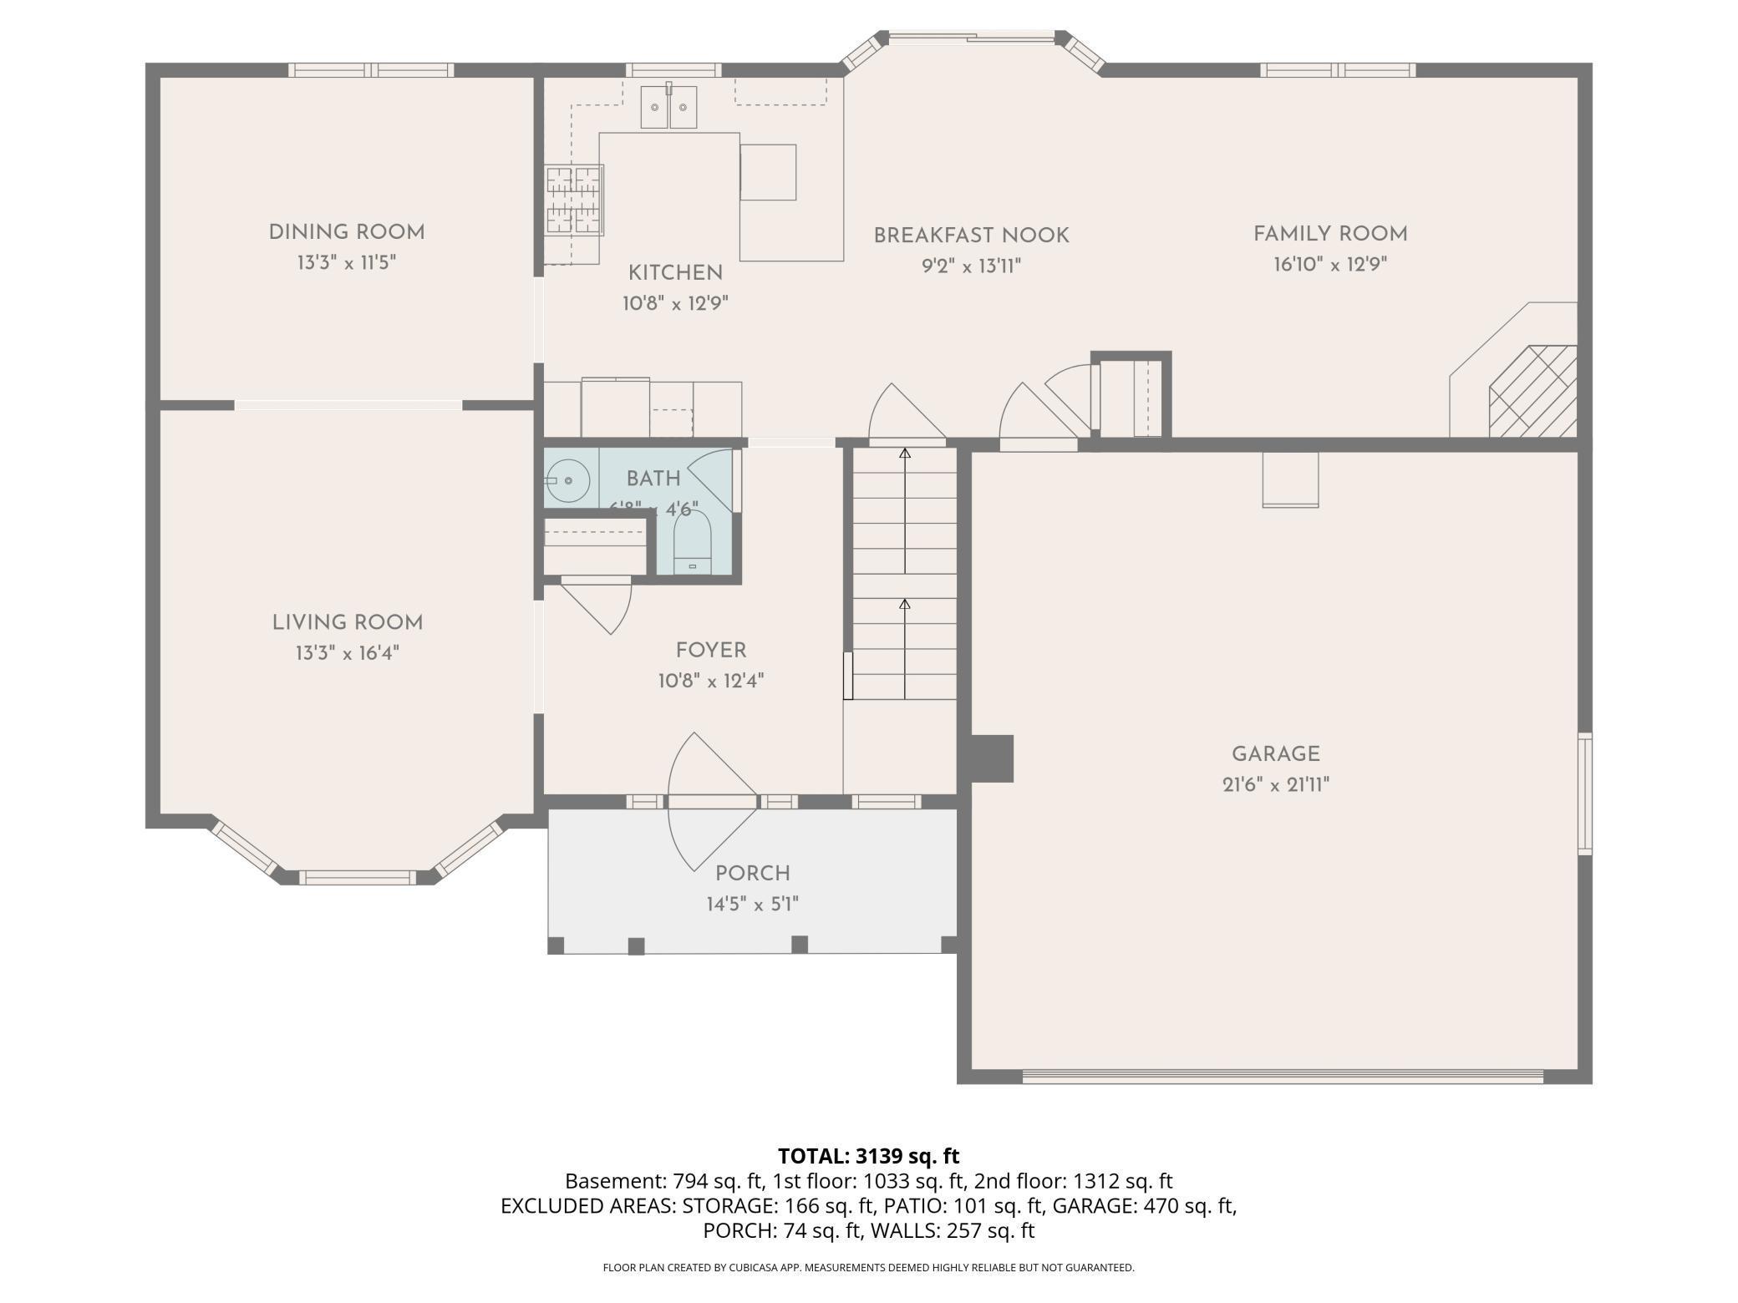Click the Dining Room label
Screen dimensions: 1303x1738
click(347, 232)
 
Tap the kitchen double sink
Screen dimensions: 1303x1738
click(668, 107)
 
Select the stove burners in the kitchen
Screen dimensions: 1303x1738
click(574, 200)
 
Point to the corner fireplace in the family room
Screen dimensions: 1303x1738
click(1532, 391)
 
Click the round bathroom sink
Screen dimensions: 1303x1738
click(568, 481)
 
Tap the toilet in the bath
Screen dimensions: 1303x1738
click(692, 543)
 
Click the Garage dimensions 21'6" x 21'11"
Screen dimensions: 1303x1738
click(1275, 785)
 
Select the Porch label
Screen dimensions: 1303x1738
click(752, 874)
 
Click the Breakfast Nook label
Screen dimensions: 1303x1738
click(971, 236)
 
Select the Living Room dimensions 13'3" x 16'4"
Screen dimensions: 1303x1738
click(347, 653)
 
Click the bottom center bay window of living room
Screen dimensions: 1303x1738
click(357, 877)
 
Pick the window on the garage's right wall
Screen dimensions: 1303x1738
click(1584, 793)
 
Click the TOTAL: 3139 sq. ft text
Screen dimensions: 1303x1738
click(868, 1156)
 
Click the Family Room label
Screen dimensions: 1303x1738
click(1330, 234)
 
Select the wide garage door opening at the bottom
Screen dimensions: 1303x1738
click(1283, 1077)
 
